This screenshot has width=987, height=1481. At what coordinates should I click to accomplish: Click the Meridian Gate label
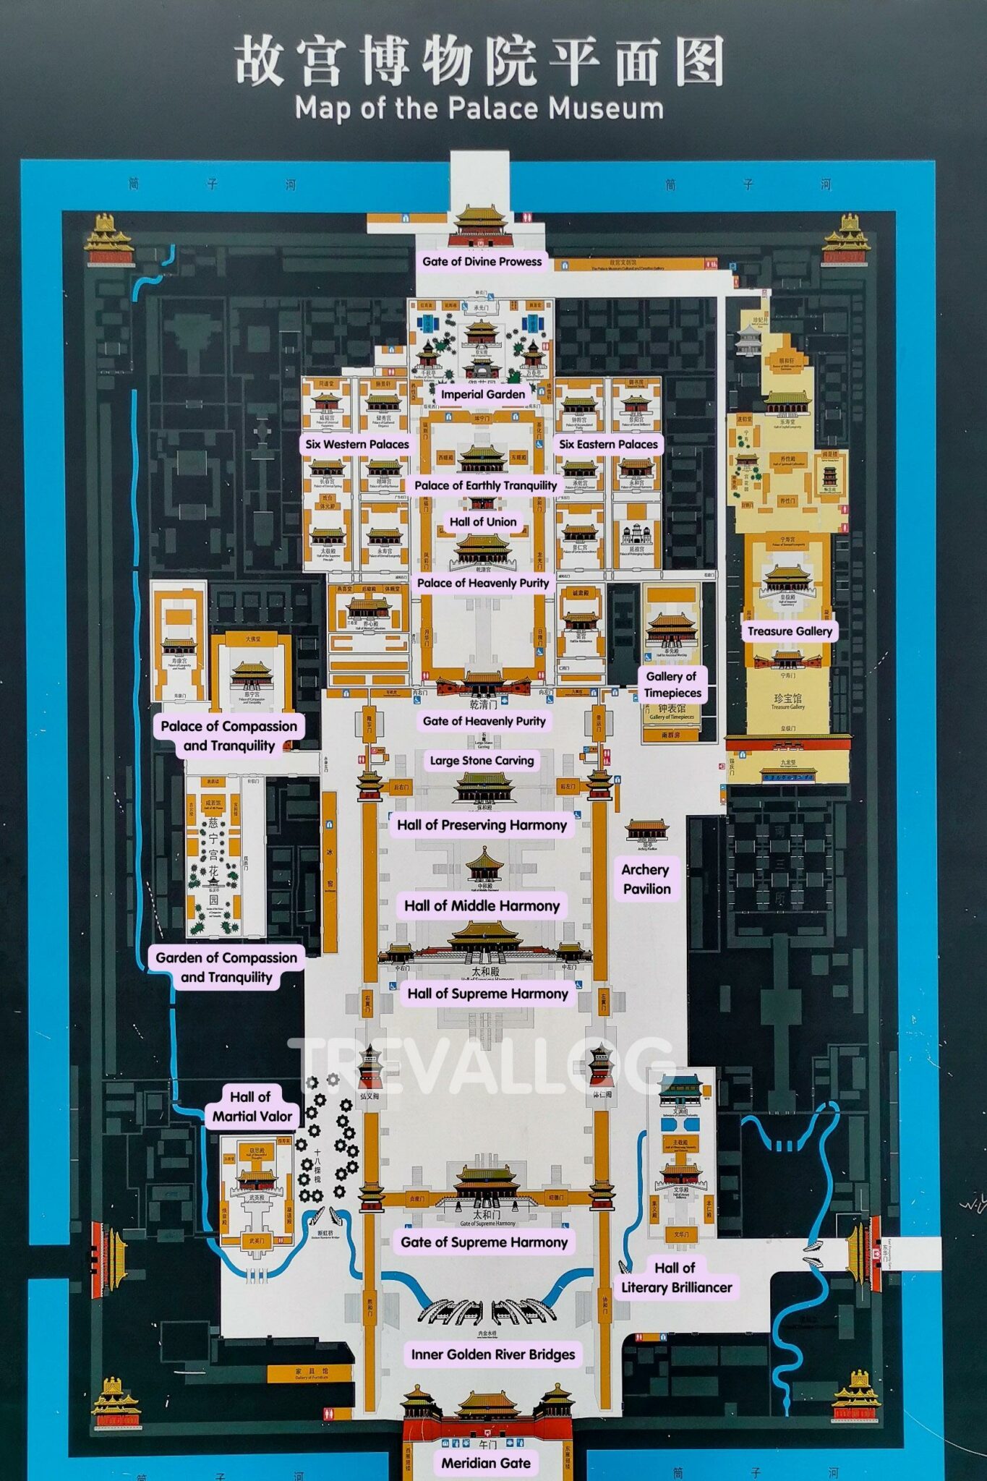(486, 1462)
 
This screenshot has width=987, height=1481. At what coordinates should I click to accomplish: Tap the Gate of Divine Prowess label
(482, 261)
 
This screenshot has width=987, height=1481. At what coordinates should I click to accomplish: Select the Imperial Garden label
(483, 394)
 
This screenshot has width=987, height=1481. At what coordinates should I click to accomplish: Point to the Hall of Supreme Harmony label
(487, 993)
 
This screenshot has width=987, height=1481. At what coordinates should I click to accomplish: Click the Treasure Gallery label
(790, 631)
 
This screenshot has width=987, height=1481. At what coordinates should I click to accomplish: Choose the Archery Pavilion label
(646, 879)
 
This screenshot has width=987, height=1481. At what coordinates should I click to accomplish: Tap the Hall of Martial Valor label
(252, 1106)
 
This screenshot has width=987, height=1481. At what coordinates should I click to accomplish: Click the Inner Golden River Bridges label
(493, 1354)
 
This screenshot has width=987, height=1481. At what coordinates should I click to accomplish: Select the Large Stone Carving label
(482, 760)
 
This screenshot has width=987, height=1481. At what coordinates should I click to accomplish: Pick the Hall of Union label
(483, 521)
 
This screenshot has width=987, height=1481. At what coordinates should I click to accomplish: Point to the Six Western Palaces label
(356, 444)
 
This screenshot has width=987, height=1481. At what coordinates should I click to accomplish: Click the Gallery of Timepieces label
(672, 684)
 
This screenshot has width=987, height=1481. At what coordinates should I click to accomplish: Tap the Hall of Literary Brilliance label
(676, 1277)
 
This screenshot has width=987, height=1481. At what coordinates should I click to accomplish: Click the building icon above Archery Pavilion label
(646, 832)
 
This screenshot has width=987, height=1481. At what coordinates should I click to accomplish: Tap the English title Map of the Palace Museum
(479, 108)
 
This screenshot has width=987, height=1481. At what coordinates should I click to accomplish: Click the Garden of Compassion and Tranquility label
(226, 967)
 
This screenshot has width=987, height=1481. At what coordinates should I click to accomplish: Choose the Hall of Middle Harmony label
(482, 905)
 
